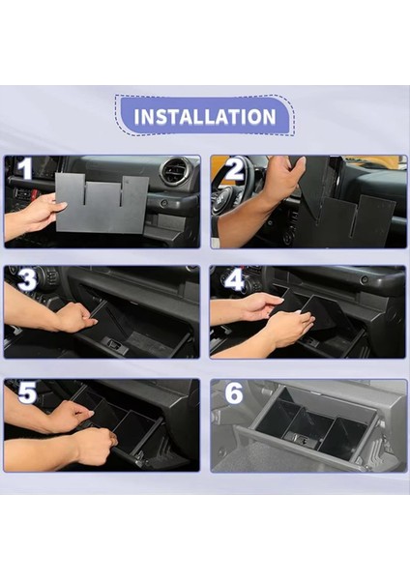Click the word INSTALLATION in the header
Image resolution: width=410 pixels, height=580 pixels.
pos(205,117)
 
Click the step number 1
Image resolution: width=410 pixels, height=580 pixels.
pos(25,169)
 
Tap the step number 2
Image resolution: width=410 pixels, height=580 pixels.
pos(234,170)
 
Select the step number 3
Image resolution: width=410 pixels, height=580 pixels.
pos(27,280)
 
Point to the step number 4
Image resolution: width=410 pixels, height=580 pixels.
pos(235,280)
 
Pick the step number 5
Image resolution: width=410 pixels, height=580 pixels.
pos(27,392)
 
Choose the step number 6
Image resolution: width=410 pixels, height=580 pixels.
pos(234,393)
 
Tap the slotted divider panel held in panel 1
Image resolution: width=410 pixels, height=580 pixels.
pos(102,203)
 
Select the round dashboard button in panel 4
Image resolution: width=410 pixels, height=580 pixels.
pos(365,279)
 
